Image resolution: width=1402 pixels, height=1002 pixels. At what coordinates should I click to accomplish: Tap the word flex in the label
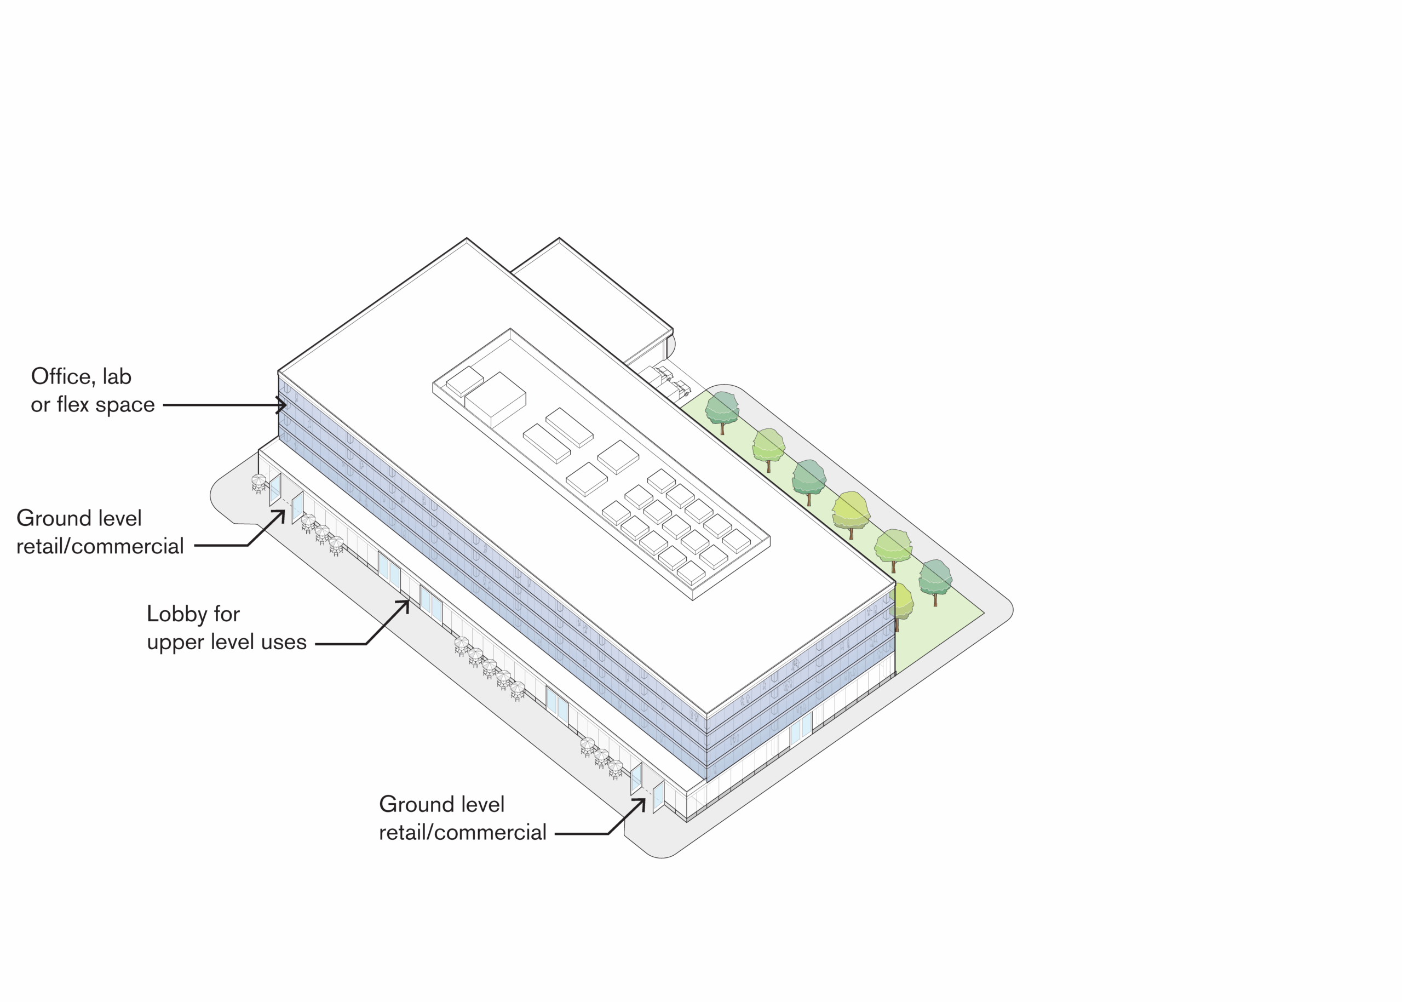[x=73, y=404]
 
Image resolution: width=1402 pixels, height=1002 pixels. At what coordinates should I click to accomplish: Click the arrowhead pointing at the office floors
[x=283, y=405]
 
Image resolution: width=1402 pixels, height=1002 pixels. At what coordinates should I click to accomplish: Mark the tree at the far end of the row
[x=935, y=580]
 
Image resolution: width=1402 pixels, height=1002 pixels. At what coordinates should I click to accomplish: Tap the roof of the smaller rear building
[x=590, y=289]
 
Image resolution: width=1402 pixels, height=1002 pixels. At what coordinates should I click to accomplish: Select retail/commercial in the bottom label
[x=462, y=832]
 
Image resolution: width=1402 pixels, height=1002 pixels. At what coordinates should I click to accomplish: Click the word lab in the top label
[x=117, y=376]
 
